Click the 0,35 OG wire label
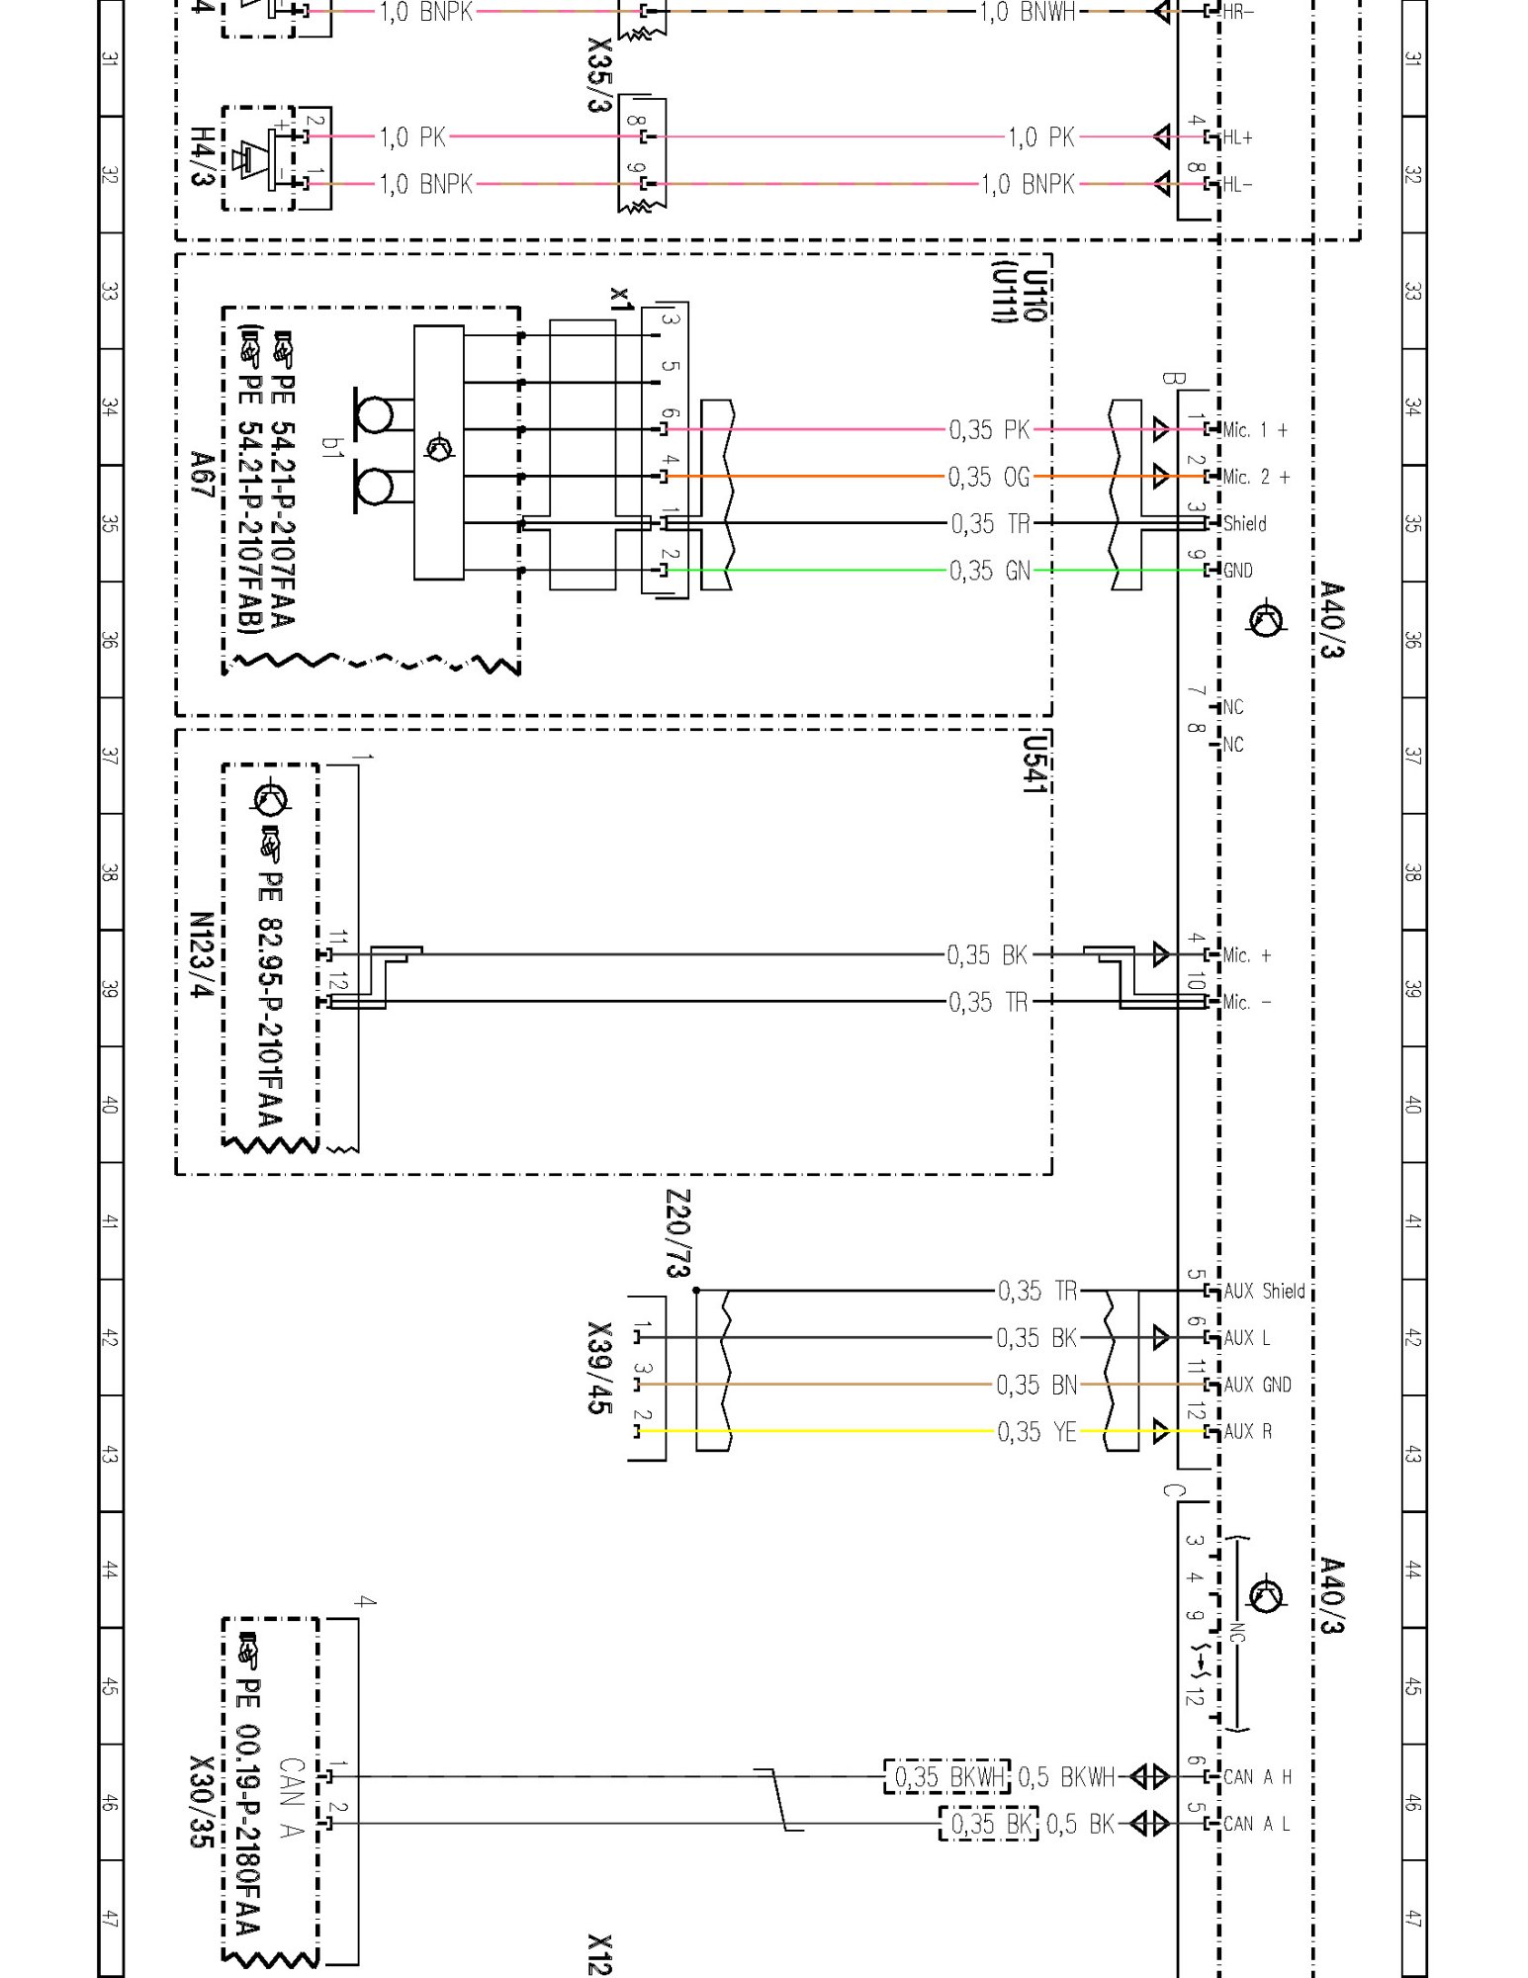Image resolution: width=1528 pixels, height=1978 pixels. [989, 478]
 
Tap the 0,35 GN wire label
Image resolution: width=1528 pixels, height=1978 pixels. [989, 571]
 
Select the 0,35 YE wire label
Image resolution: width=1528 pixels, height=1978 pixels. [1036, 1432]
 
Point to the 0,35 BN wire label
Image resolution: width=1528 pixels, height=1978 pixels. [1036, 1386]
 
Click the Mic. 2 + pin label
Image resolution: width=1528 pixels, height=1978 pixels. [1256, 477]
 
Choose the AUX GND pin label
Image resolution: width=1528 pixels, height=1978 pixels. [1257, 1385]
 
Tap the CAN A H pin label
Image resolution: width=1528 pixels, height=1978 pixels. [1257, 1777]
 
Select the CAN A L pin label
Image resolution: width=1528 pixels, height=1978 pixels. [1256, 1824]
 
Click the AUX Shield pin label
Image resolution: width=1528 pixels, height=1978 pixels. [1264, 1291]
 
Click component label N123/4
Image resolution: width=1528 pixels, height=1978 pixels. [202, 954]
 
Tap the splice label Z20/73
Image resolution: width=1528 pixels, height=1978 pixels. [678, 1233]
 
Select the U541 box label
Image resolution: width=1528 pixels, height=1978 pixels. [1034, 764]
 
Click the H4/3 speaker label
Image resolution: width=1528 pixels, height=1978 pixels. [202, 156]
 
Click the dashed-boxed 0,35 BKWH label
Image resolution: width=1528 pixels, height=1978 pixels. [947, 1777]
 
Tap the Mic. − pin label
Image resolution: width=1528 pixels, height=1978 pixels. [1246, 1002]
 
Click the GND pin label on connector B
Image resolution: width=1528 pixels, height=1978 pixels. [1237, 571]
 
